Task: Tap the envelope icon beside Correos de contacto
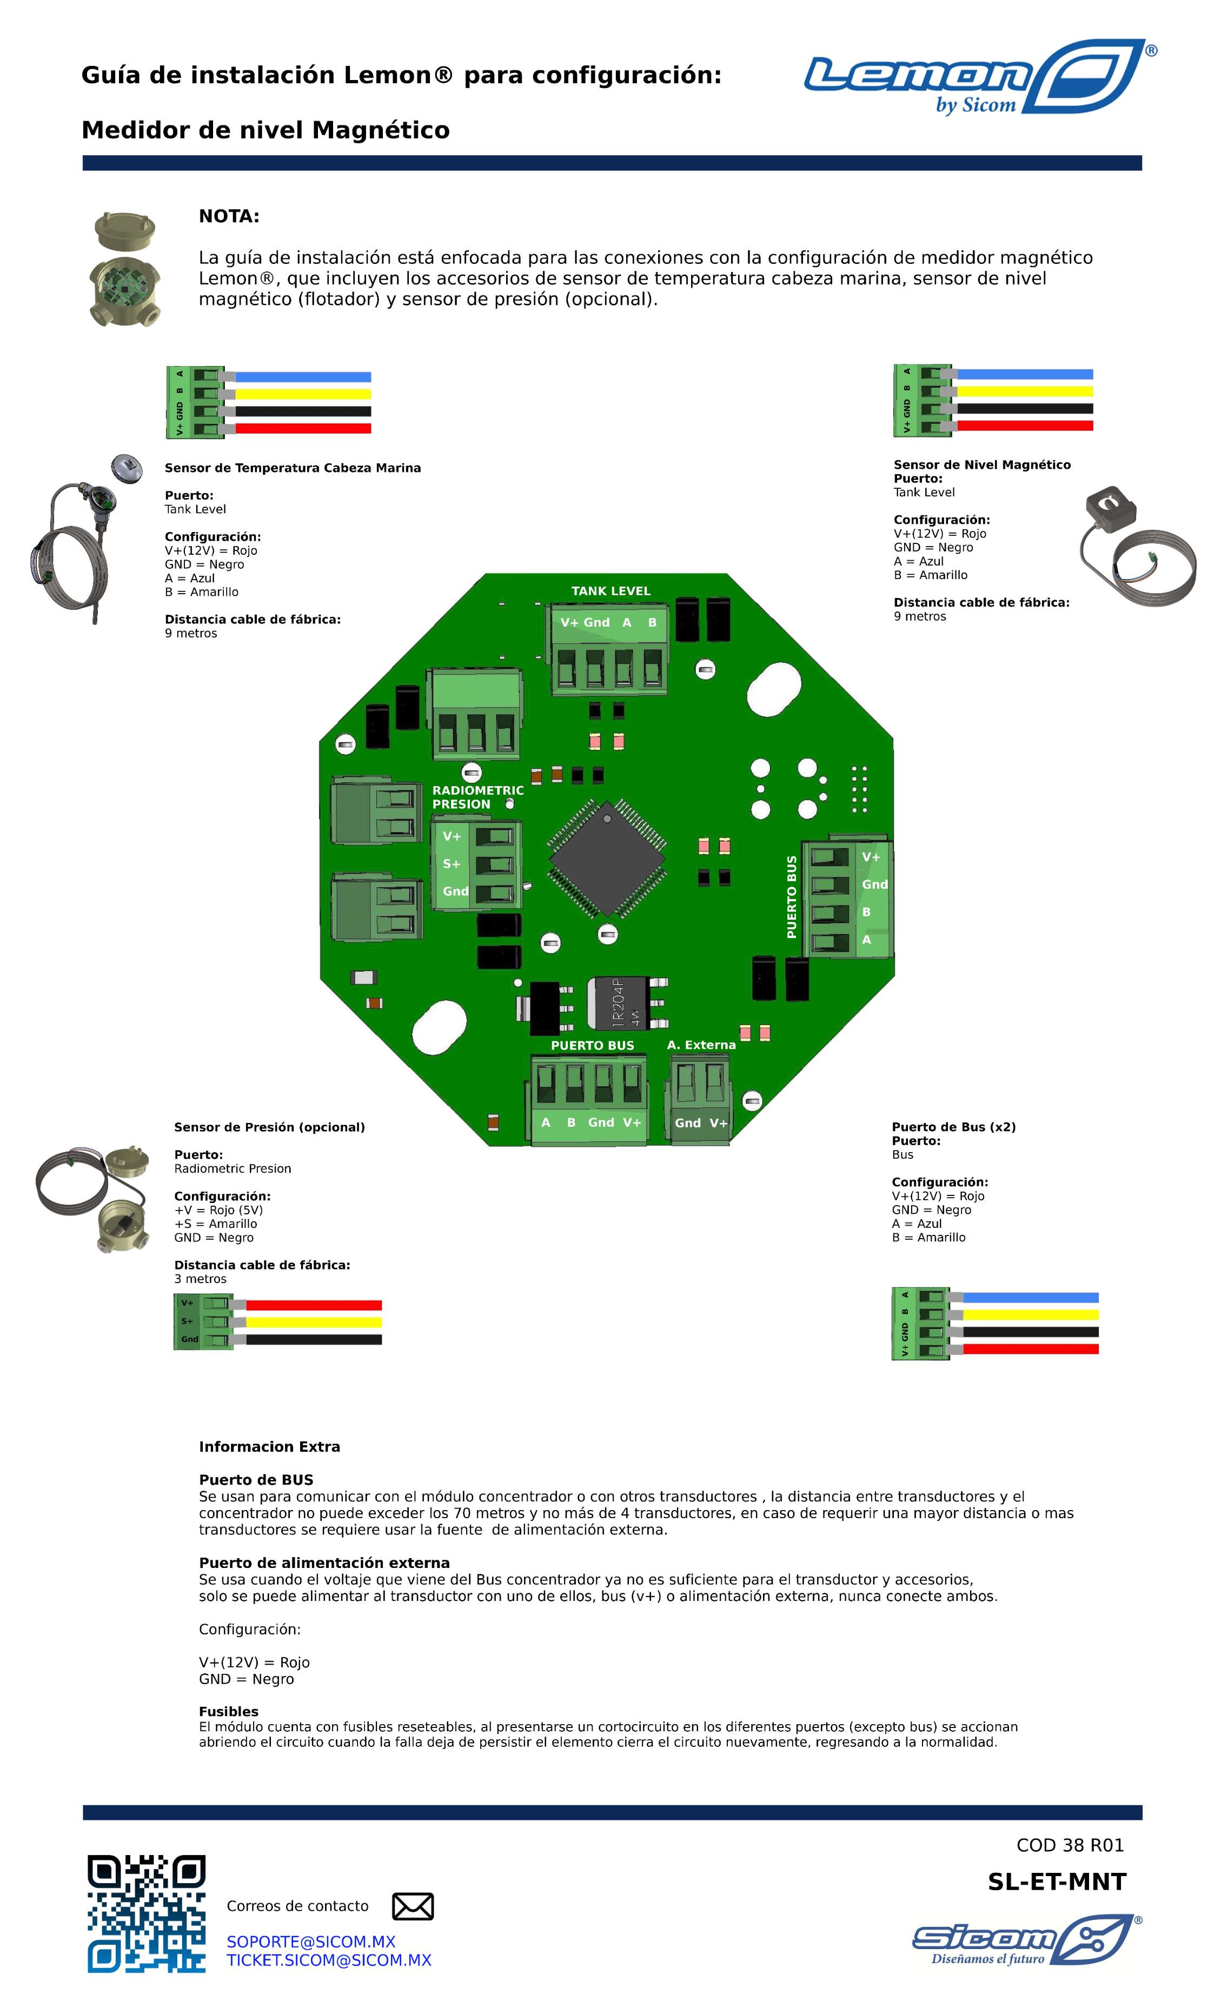(x=413, y=1906)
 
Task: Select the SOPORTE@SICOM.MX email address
(x=310, y=1941)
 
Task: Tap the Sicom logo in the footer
(x=1025, y=1939)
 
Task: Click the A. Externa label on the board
(x=701, y=1045)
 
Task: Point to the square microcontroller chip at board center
(x=607, y=857)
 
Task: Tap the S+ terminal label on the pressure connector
(x=452, y=864)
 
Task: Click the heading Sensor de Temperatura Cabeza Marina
(x=293, y=468)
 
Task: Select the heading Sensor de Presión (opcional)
(x=269, y=1127)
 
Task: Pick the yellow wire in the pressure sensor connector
(x=313, y=1322)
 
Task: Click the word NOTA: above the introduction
(x=229, y=217)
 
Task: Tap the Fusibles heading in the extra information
(x=228, y=1712)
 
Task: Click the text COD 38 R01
(x=1070, y=1845)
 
